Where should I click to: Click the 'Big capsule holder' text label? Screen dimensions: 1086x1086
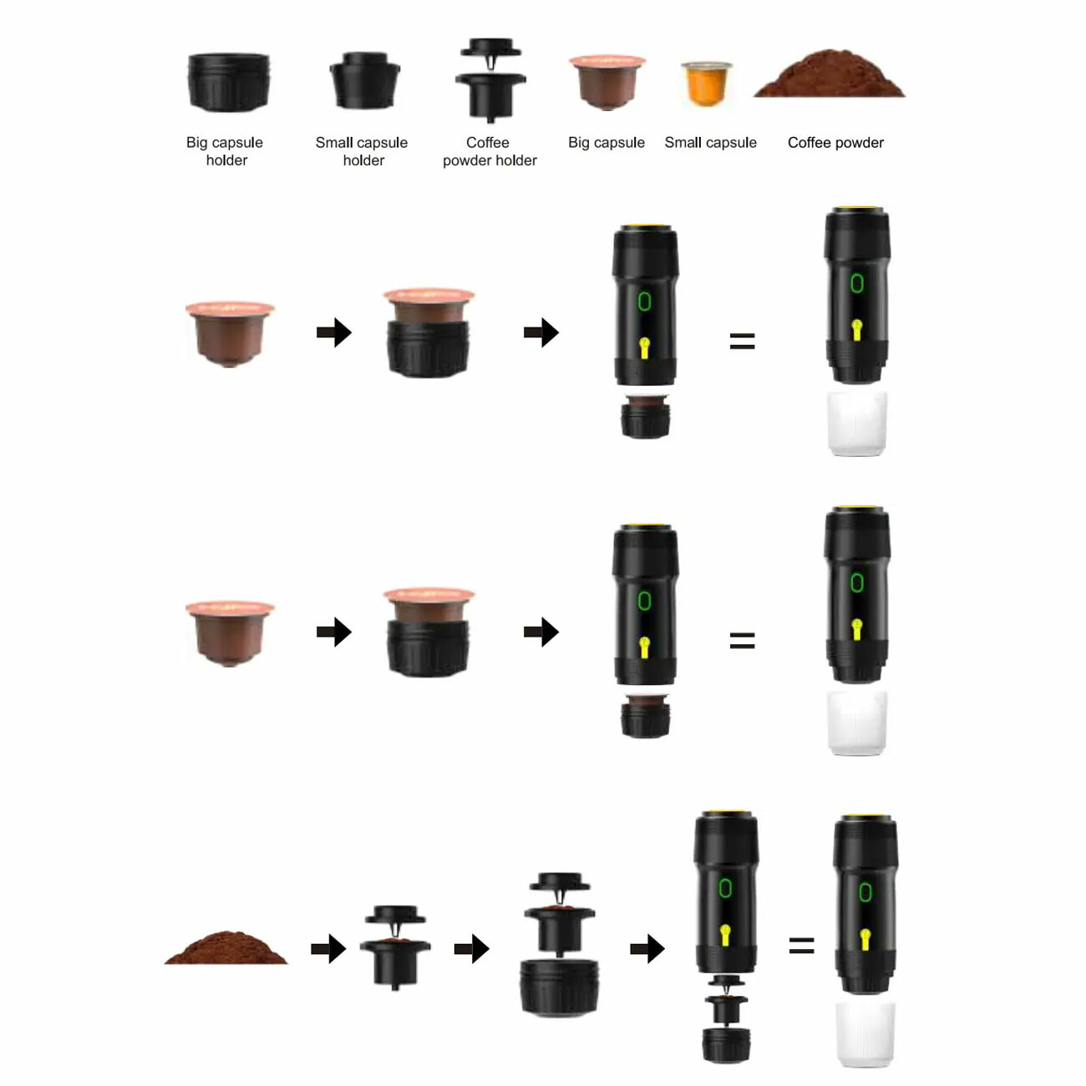click(225, 151)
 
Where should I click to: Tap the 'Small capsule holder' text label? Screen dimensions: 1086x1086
click(362, 151)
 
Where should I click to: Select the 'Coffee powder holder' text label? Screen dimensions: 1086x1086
click(490, 151)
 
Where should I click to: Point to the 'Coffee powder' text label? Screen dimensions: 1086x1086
click(835, 143)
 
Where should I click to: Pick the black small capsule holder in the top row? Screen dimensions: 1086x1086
click(364, 80)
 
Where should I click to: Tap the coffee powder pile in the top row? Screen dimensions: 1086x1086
click(829, 74)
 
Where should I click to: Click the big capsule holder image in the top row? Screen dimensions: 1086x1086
click(228, 82)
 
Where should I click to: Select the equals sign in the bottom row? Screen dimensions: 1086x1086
click(801, 945)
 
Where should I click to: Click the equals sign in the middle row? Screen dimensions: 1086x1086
click(742, 641)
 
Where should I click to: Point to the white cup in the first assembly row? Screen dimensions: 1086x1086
click(856, 424)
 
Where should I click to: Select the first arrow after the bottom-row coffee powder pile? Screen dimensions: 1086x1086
click(328, 949)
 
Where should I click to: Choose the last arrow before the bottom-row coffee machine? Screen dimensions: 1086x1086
click(647, 949)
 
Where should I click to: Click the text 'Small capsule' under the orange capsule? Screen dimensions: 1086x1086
click(710, 143)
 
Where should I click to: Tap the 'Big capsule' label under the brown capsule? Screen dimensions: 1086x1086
click(606, 143)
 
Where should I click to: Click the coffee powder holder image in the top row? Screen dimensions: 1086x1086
click(490, 80)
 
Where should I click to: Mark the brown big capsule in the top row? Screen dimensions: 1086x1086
click(607, 82)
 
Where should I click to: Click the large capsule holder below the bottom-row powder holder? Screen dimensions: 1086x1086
click(559, 987)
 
